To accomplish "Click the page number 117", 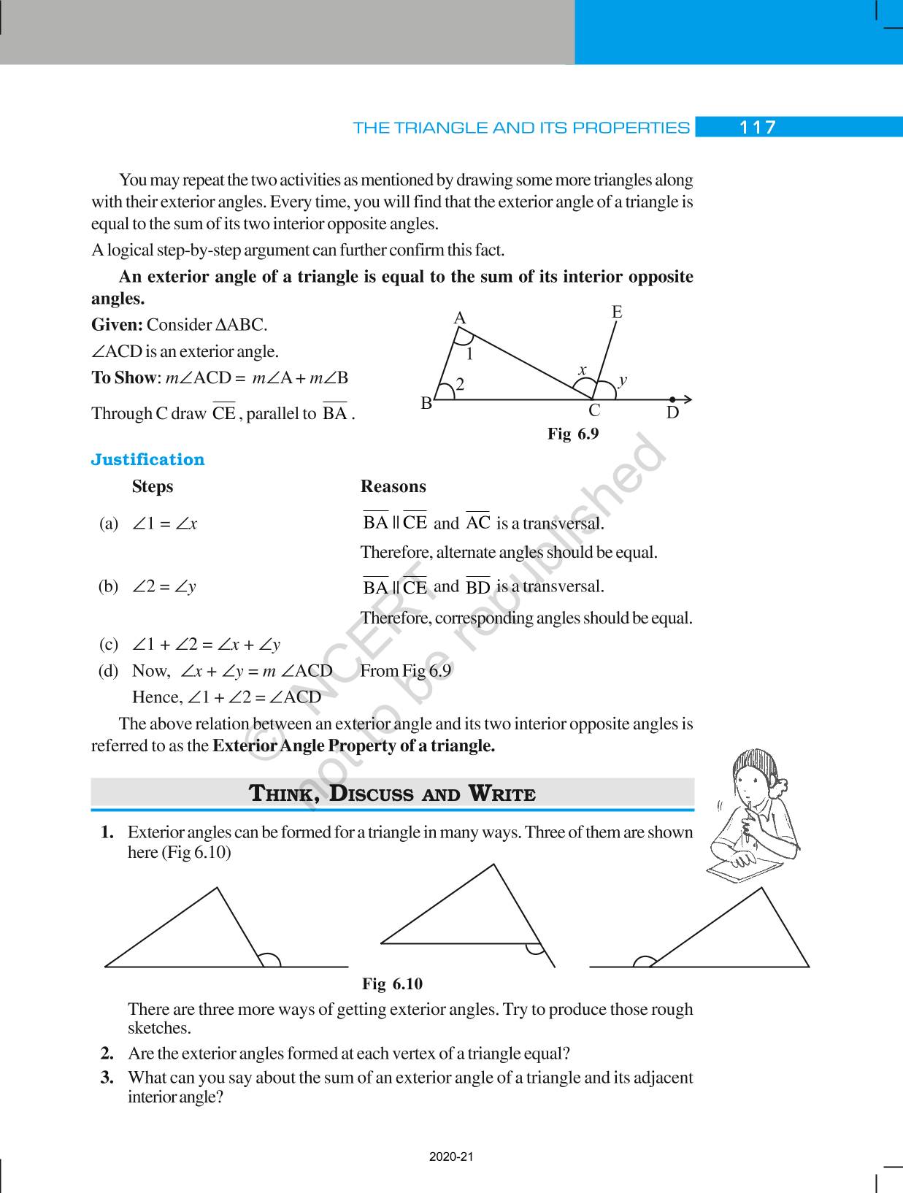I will point(757,128).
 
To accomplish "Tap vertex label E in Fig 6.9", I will point(617,312).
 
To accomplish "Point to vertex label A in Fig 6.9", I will point(460,318).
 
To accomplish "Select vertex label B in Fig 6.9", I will point(426,403).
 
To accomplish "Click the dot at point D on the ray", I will point(672,399).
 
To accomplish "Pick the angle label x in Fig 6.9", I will point(583,370).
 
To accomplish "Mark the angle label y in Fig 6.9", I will point(623,380).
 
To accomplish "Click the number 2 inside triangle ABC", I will point(461,384).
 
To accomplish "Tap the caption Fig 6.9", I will point(573,434).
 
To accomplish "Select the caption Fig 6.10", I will point(392,983).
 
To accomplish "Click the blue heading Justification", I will point(147,459).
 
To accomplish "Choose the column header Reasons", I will point(393,486).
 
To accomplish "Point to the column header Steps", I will point(153,486).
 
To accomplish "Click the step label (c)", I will point(109,644).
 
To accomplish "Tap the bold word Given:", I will point(117,325).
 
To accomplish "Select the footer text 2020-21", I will point(451,1156).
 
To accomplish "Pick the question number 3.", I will point(107,1078).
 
